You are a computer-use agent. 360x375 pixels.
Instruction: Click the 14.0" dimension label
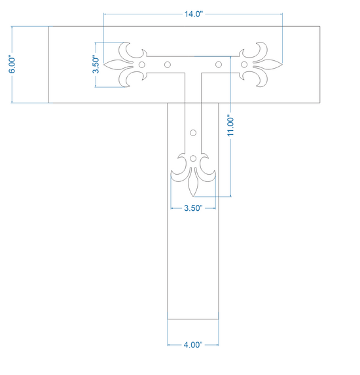tap(194, 14)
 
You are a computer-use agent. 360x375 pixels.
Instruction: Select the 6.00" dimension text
tap(12, 65)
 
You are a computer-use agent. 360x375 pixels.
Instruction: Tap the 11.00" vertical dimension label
tap(230, 126)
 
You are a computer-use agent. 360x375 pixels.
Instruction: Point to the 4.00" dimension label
tap(193, 345)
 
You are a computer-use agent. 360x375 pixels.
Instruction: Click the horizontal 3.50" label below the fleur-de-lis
tap(193, 208)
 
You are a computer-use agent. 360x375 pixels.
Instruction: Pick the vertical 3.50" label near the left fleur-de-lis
tap(96, 65)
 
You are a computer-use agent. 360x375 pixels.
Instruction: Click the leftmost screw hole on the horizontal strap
tap(142, 65)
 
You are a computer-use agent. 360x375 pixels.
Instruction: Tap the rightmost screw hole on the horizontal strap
tap(244, 65)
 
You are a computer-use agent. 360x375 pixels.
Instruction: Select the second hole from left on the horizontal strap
tap(168, 65)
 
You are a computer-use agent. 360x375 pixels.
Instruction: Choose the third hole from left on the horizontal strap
tap(219, 65)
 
